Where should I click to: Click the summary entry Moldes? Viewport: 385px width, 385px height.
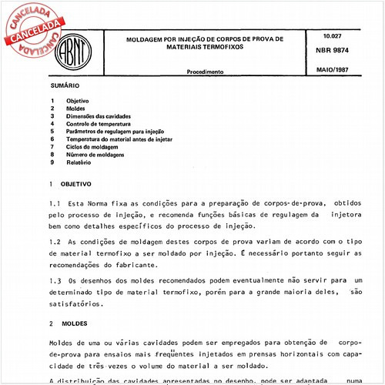(x=75, y=109)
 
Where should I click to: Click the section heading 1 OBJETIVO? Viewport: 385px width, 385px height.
(x=70, y=184)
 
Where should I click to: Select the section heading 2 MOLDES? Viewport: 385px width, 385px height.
(x=67, y=325)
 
